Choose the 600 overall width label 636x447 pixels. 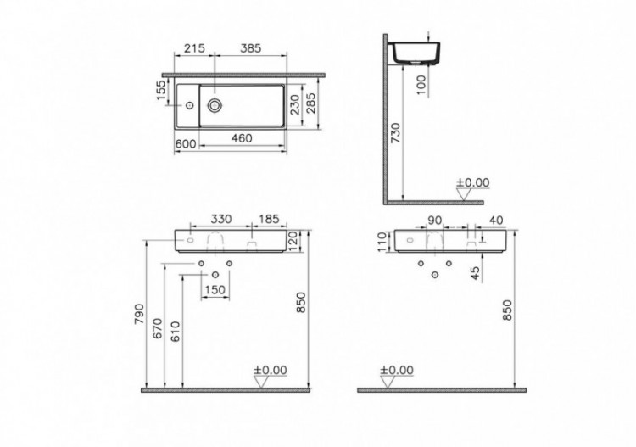(186, 144)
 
